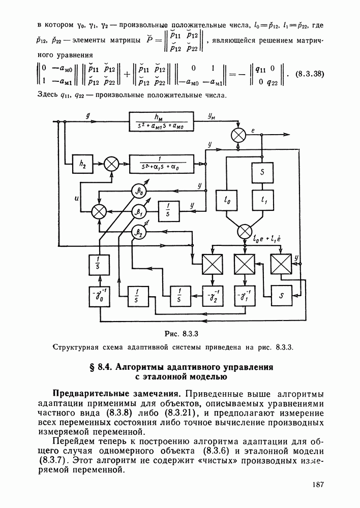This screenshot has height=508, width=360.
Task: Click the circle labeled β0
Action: pyautogui.click(x=138, y=191)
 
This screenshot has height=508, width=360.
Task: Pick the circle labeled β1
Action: pyautogui.click(x=138, y=211)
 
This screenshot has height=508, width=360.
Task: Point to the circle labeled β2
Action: pyautogui.click(x=138, y=233)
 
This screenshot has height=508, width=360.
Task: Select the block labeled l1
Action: pyautogui.click(x=263, y=200)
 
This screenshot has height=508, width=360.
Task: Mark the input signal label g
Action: pyautogui.click(x=88, y=116)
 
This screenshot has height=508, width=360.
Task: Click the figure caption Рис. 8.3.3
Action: pyautogui.click(x=181, y=333)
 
